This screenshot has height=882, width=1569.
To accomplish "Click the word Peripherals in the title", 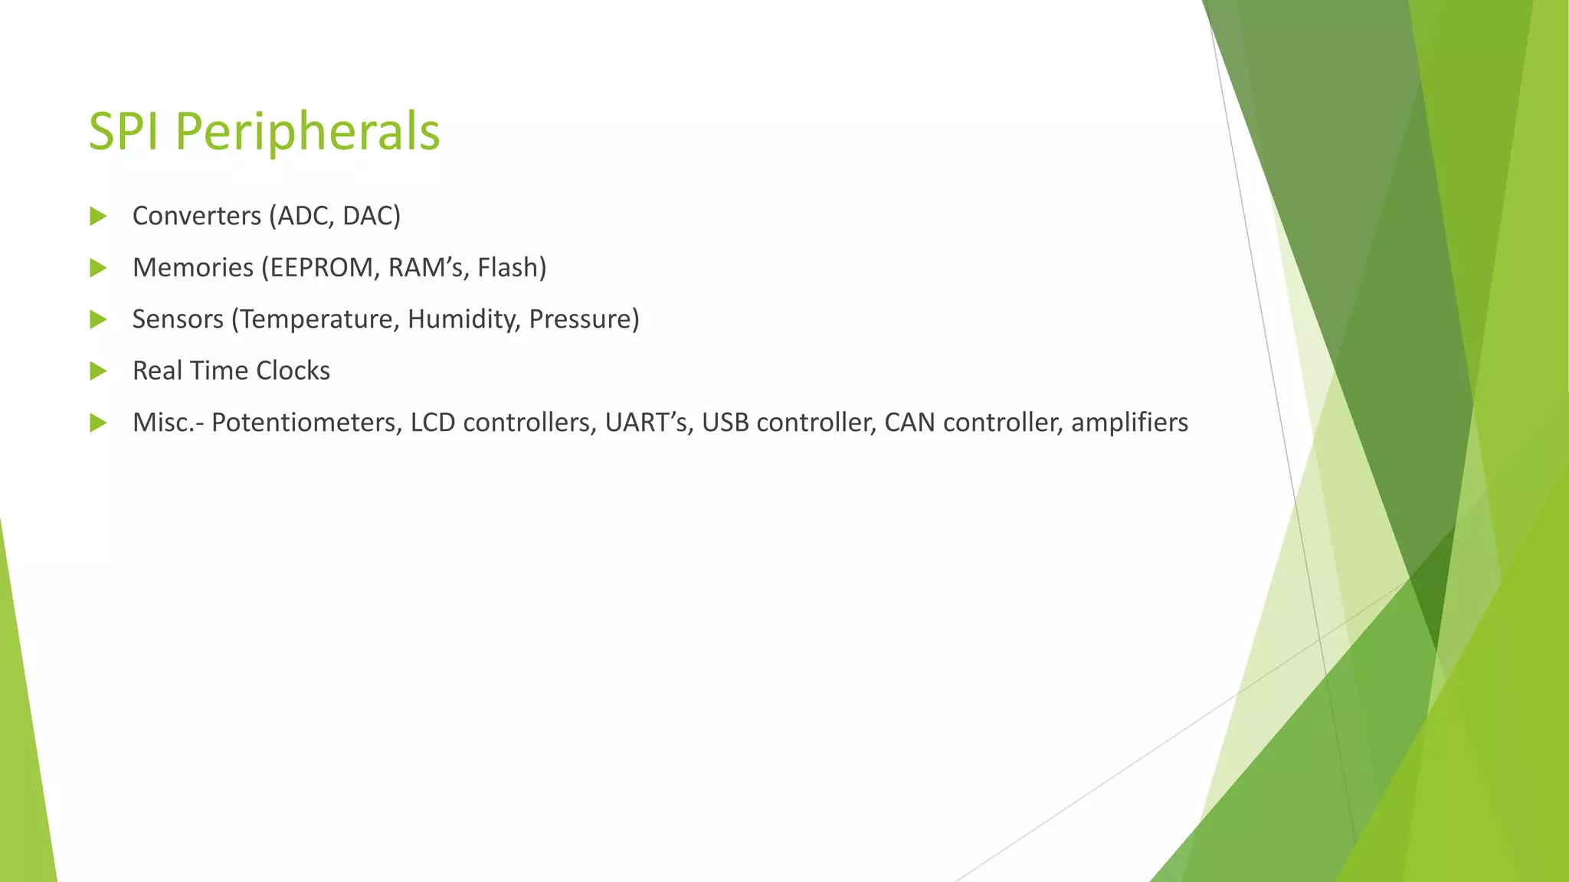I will click(x=307, y=132).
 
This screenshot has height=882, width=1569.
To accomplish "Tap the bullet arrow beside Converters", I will click(x=98, y=216).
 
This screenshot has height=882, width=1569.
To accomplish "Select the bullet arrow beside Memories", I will click(x=98, y=268).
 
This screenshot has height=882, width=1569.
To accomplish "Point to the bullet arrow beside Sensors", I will click(x=98, y=319).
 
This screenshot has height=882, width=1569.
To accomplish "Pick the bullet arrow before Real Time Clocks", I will click(x=98, y=371).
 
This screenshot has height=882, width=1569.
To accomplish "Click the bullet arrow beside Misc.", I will click(x=98, y=423).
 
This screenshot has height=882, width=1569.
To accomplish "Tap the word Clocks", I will click(x=293, y=371).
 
